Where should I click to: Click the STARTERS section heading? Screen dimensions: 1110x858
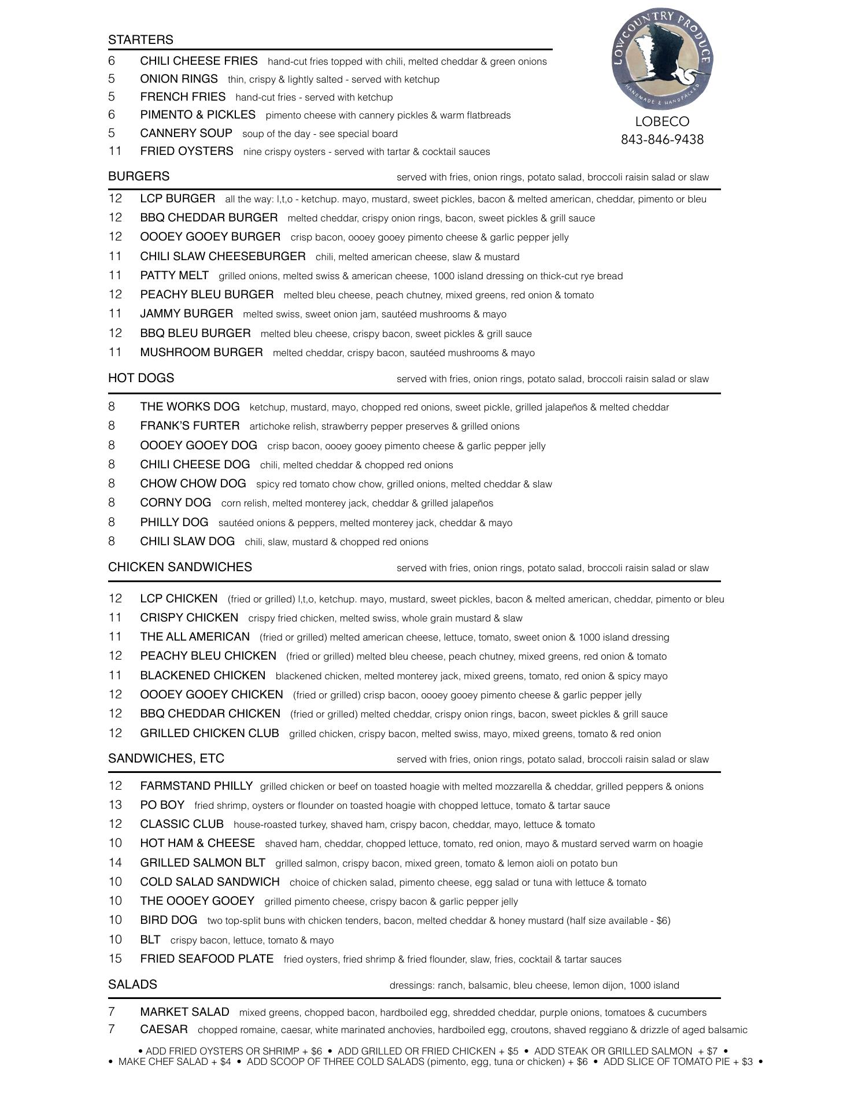(140, 40)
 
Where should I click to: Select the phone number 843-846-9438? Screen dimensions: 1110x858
(662, 140)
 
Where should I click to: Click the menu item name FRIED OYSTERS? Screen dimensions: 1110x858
(186, 151)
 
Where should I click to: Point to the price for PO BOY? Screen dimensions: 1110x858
(115, 805)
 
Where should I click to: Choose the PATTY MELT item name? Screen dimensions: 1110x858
(174, 275)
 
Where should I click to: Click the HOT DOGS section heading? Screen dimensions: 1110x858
(141, 378)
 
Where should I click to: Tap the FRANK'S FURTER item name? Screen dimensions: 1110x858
(190, 426)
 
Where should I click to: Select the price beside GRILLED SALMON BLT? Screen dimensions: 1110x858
(115, 863)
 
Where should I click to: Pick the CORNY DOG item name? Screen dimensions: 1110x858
(175, 502)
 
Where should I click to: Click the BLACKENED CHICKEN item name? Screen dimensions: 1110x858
(202, 675)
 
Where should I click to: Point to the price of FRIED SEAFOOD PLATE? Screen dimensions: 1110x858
(115, 959)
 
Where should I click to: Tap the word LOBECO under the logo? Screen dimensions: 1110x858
(662, 121)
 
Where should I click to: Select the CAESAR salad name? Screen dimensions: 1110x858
(164, 1030)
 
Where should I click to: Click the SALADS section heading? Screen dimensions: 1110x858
(132, 985)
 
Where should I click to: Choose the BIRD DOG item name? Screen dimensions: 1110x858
(168, 920)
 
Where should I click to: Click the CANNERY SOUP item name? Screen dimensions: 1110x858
(186, 133)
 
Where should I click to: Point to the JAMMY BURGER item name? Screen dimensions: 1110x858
(186, 313)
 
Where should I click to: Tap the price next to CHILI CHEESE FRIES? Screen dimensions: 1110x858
(112, 61)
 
